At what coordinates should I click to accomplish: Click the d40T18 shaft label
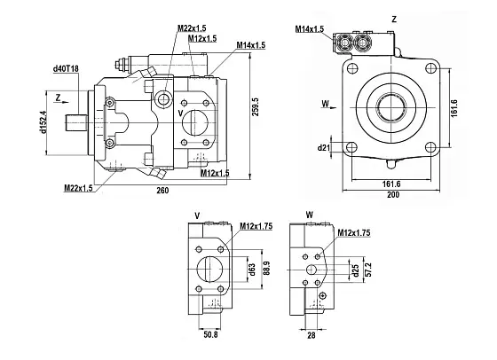click(x=66, y=68)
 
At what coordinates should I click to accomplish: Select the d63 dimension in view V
click(x=251, y=270)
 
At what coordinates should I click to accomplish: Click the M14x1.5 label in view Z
click(x=312, y=29)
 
